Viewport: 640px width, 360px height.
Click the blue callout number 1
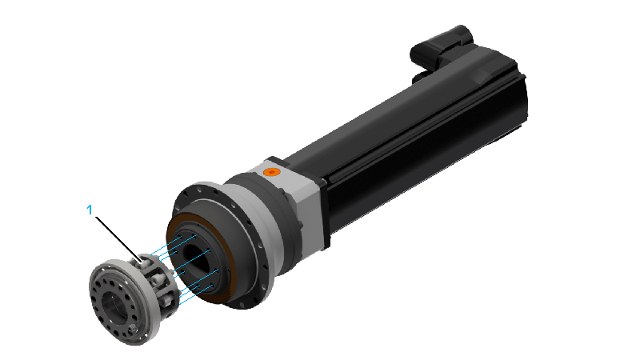coord(90,210)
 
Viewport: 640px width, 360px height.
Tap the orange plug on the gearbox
coord(271,172)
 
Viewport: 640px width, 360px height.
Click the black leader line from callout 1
coord(118,238)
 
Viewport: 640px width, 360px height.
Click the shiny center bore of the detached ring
coord(110,303)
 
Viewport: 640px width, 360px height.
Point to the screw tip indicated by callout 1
coord(142,259)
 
